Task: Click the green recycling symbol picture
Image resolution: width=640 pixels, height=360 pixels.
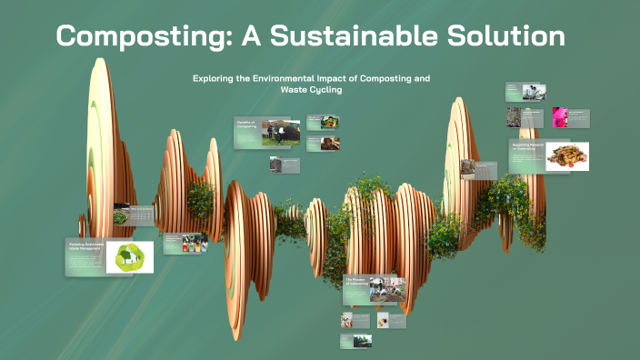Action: [x=130, y=257]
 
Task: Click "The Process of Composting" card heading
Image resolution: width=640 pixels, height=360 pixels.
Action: [x=355, y=281]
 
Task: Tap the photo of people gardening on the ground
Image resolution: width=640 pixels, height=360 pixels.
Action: [x=387, y=288]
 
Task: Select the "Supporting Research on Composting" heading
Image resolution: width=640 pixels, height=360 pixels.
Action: [x=526, y=145]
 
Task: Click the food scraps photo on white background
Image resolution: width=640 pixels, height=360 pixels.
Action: [x=567, y=155]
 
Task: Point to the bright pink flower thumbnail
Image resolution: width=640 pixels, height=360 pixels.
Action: [x=560, y=117]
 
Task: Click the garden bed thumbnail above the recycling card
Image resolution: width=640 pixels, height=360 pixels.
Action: [x=120, y=217]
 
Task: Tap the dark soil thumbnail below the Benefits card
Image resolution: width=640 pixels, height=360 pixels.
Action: [x=275, y=165]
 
